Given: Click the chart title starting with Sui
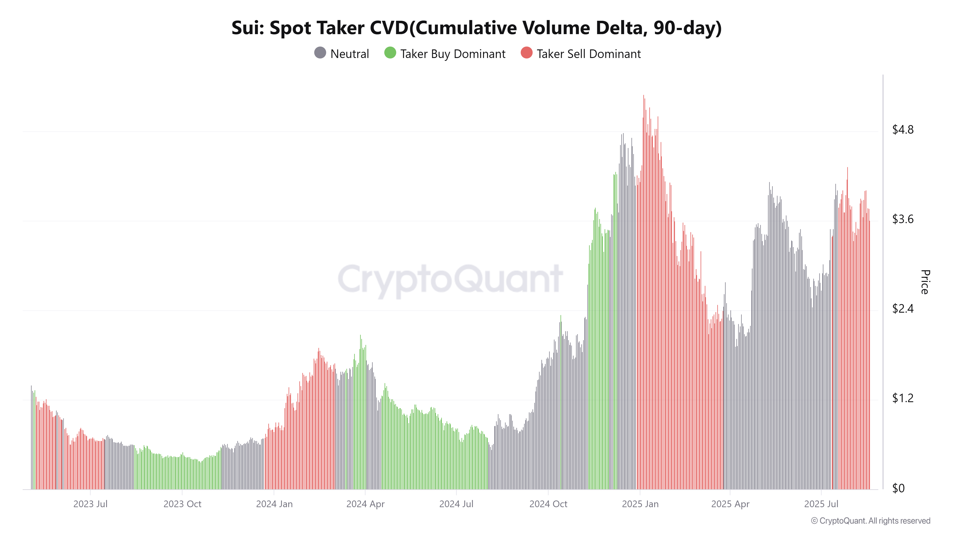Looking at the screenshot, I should (476, 28).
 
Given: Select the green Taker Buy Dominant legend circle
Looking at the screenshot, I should (390, 53).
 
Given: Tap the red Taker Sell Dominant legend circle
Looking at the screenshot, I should (526, 53).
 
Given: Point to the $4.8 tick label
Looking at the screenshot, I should (902, 130).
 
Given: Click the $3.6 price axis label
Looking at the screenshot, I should (902, 219).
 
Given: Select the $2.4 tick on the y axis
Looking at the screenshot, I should (902, 309).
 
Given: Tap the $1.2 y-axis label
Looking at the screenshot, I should (902, 398).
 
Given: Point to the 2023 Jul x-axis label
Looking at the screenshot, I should (90, 504).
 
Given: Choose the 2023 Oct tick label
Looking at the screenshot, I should (182, 504).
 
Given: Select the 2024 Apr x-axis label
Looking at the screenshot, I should (365, 504).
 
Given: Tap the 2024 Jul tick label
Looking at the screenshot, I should (456, 504).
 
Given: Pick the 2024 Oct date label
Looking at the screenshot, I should (548, 504).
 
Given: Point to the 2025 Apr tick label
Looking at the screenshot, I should (730, 504).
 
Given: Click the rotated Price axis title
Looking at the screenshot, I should (925, 282).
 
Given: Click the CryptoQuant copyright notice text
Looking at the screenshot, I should (870, 521).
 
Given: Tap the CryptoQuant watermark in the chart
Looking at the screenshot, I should (450, 280).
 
